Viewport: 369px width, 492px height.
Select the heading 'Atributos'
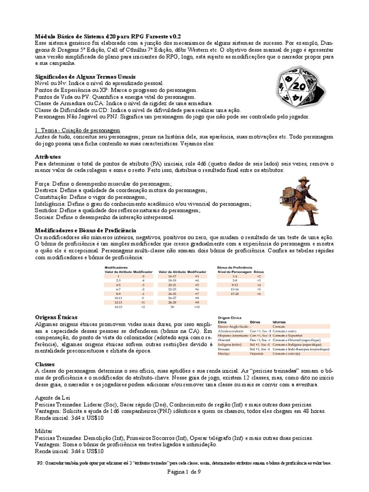coord(48,157)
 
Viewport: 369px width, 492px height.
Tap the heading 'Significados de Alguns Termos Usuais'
coord(86,77)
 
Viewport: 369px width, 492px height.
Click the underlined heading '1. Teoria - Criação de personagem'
coord(77,131)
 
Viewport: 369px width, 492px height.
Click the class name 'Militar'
coord(44,431)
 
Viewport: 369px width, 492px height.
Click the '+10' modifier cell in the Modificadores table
coord(197,307)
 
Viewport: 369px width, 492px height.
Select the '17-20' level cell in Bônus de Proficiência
coord(234,294)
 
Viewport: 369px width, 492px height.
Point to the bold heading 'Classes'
coord(45,365)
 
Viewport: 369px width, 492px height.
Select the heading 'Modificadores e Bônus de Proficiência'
coord(86,231)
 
